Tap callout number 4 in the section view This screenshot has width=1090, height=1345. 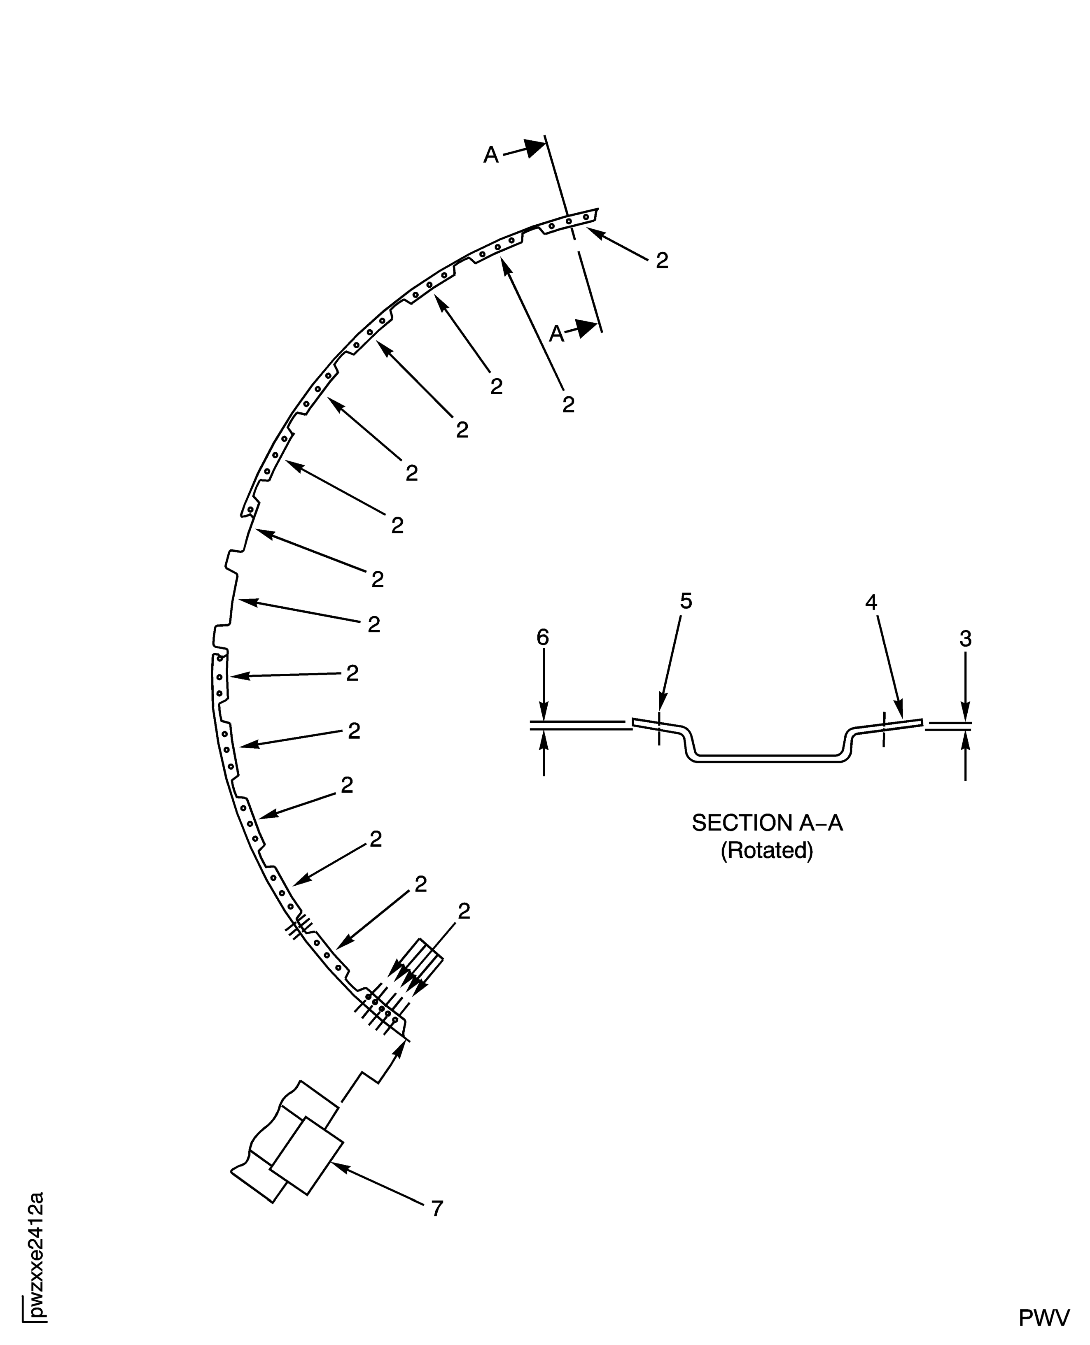[x=871, y=602]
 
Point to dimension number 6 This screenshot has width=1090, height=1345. [x=542, y=637]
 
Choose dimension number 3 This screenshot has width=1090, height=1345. [x=966, y=639]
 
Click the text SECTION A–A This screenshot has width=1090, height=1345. [x=767, y=822]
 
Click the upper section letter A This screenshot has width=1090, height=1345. [x=490, y=154]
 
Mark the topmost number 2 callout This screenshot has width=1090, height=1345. [x=662, y=261]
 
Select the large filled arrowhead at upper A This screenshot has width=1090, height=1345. [x=535, y=147]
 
